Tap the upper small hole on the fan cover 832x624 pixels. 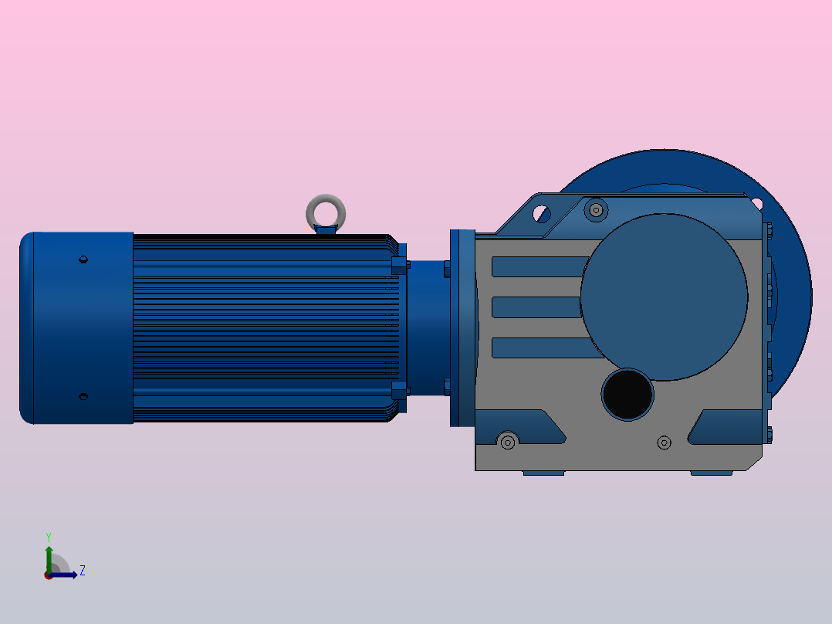tap(84, 259)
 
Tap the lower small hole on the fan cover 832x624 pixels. tap(84, 396)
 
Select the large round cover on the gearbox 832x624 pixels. tap(664, 297)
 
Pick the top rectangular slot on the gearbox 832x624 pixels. tap(539, 267)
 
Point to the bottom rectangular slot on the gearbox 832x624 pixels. tap(537, 348)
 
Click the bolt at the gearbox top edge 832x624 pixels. tap(595, 209)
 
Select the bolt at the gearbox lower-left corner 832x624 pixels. tap(507, 442)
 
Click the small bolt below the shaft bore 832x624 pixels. tap(664, 443)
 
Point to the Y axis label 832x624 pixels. tap(48, 536)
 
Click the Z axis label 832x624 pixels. tap(82, 571)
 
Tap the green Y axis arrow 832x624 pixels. tap(49, 556)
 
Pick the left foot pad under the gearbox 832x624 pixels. tap(543, 473)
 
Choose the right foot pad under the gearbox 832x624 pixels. tap(711, 473)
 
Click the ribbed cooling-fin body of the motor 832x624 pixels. tap(262, 328)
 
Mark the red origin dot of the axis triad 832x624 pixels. tap(49, 575)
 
